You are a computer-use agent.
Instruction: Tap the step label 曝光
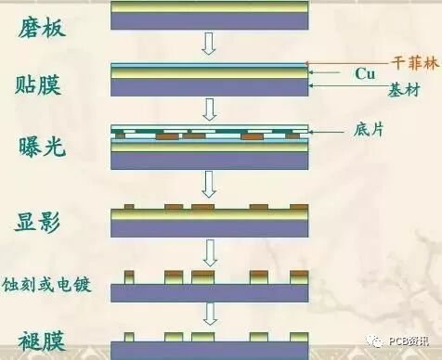click(43, 147)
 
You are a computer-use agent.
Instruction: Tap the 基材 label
click(396, 92)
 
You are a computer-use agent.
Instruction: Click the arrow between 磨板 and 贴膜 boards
click(209, 43)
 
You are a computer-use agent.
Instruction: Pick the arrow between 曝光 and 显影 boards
click(209, 184)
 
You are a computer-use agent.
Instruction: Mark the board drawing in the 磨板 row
click(209, 14)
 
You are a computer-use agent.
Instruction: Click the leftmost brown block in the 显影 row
click(129, 204)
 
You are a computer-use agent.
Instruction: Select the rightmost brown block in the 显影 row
click(299, 204)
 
